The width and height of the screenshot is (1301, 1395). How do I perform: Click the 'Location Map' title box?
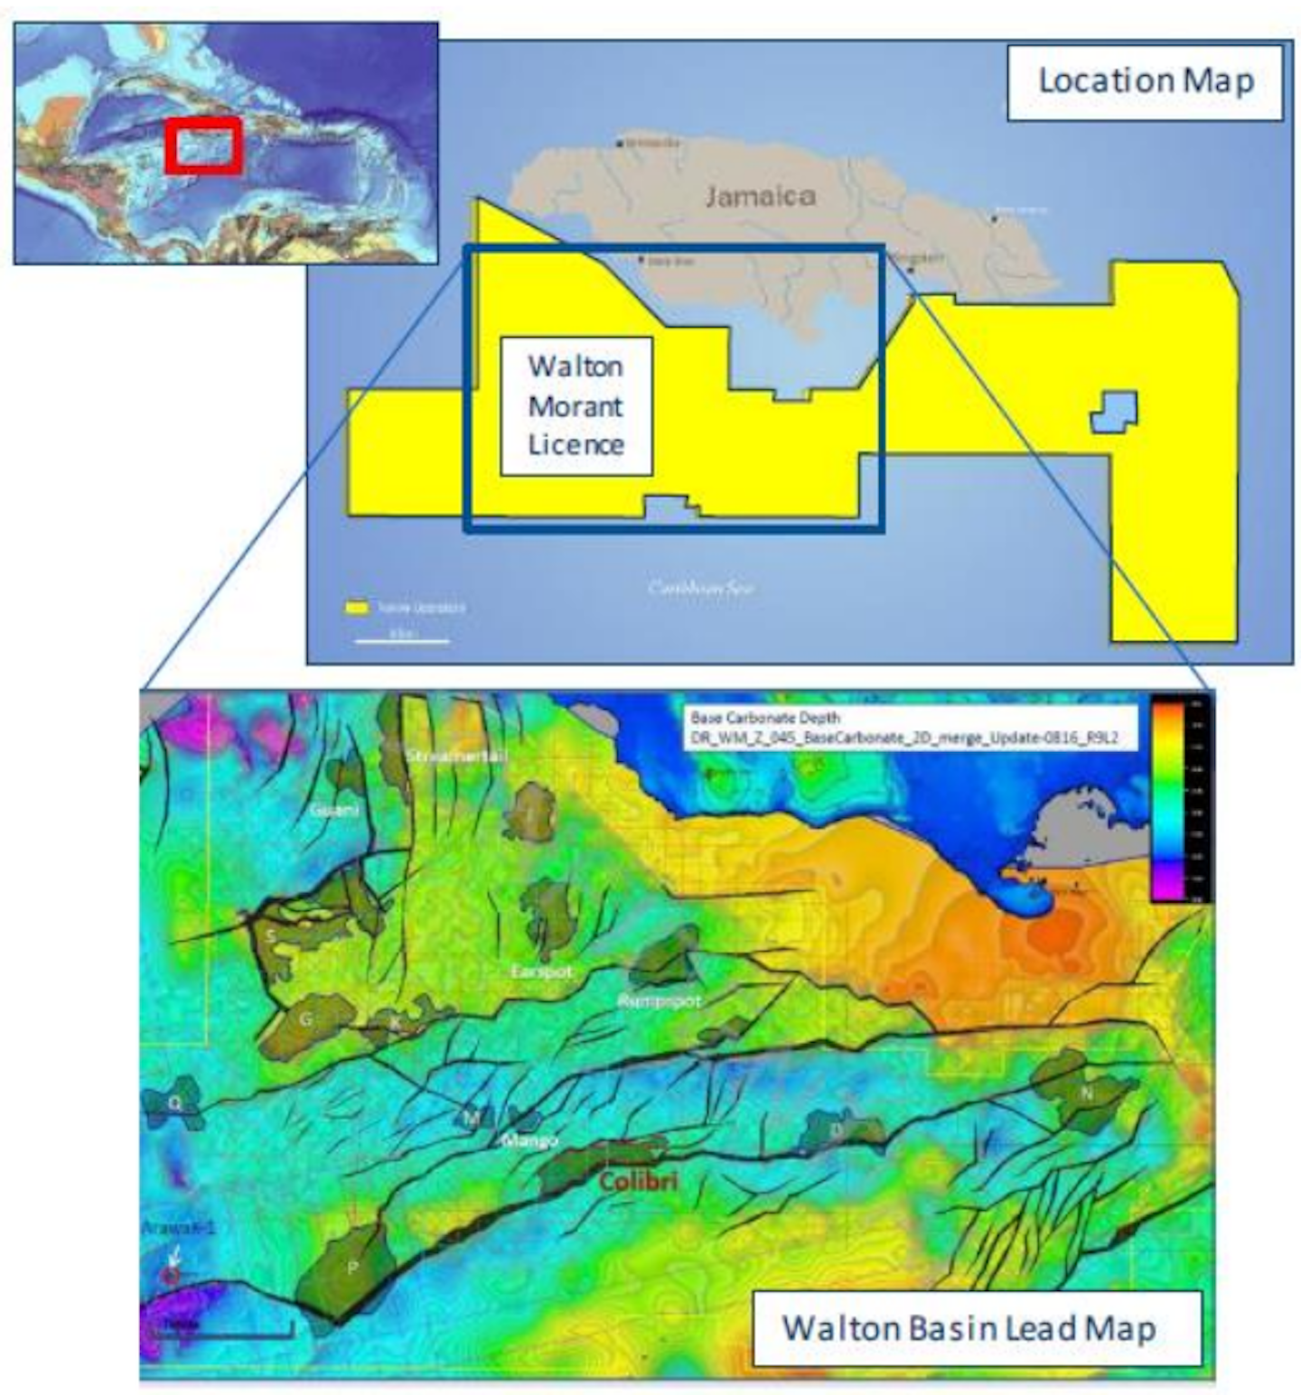click(x=1145, y=81)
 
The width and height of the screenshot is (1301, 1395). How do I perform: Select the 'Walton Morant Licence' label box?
click(x=576, y=406)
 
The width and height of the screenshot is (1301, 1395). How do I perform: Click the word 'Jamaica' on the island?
click(x=760, y=196)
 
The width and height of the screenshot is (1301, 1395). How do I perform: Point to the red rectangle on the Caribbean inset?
click(x=204, y=144)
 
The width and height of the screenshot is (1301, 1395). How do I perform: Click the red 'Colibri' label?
click(x=638, y=1181)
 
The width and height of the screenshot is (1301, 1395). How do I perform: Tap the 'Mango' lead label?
click(x=529, y=1140)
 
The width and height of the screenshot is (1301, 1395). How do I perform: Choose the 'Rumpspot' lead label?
click(x=659, y=1000)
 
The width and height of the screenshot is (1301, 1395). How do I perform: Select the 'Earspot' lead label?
click(x=541, y=972)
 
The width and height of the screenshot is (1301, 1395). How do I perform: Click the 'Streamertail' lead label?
click(x=455, y=755)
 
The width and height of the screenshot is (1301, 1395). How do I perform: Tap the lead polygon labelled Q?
click(x=173, y=1102)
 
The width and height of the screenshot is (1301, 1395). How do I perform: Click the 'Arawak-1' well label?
click(x=178, y=1228)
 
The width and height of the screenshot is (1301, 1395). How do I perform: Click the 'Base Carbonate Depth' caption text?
click(x=765, y=718)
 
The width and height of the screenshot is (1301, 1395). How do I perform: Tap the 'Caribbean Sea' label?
click(x=700, y=588)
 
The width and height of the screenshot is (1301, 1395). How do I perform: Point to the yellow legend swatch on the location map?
click(x=358, y=608)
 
